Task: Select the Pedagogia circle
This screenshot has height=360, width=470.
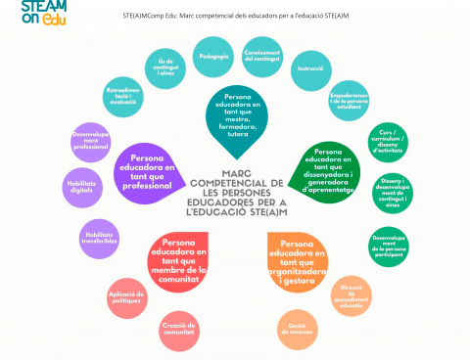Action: (213, 57)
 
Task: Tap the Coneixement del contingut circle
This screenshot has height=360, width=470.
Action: (262, 56)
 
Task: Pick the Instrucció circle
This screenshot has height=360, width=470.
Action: (310, 70)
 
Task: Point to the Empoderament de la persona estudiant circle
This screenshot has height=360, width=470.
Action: (352, 99)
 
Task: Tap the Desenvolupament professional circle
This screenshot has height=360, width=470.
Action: (91, 142)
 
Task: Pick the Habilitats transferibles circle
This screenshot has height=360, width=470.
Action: (99, 239)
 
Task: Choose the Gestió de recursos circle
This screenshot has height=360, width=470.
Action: (298, 330)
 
